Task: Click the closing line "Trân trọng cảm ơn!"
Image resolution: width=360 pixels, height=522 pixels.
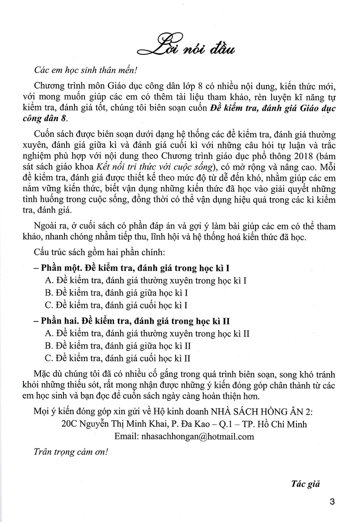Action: click(70, 452)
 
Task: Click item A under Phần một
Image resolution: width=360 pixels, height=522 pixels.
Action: click(146, 281)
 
